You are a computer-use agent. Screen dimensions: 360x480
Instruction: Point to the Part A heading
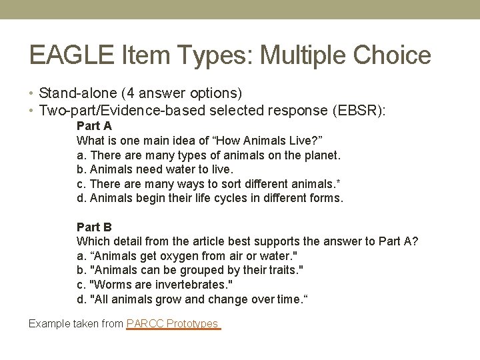coord(94,126)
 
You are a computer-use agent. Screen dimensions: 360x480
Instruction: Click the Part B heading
coord(94,227)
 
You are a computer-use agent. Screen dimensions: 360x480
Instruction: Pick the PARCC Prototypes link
coord(173,324)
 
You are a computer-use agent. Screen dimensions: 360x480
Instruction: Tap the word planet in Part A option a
coord(323,155)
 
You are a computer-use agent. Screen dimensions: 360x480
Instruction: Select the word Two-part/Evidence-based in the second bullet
coord(118,110)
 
